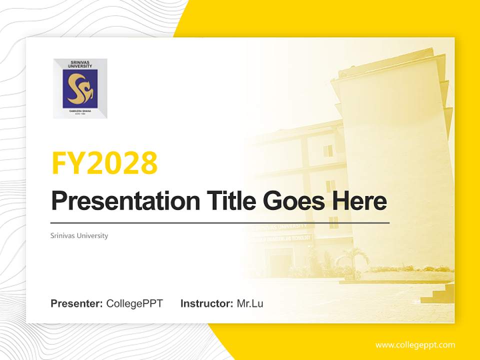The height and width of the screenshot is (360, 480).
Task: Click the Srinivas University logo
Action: (80, 88)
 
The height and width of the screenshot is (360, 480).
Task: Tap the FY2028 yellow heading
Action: (104, 162)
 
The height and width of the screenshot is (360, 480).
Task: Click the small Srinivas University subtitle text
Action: (79, 235)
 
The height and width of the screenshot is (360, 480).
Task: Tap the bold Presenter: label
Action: (77, 303)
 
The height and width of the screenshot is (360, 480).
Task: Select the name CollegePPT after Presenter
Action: (134, 303)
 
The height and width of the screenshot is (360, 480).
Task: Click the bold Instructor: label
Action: (206, 303)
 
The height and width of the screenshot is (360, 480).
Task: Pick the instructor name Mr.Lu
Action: (250, 303)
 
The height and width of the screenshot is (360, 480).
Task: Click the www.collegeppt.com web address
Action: (415, 345)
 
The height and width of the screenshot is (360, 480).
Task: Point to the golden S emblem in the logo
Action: (80, 88)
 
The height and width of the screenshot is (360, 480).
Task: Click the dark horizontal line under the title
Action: (220, 222)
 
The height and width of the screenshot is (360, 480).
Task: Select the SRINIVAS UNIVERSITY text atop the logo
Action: (80, 64)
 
